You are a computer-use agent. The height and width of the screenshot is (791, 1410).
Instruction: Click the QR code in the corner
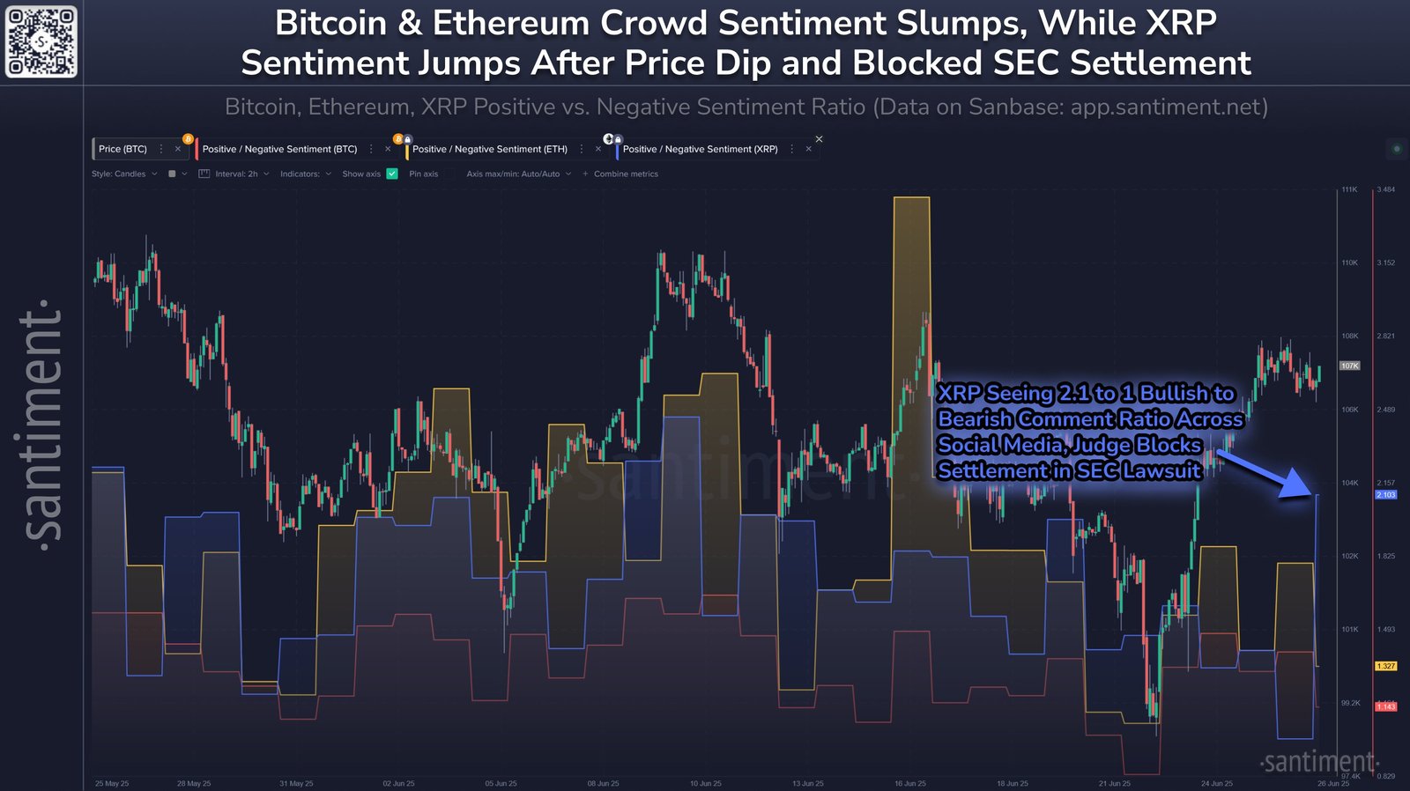(x=41, y=41)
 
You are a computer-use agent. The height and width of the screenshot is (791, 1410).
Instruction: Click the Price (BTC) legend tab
(x=122, y=149)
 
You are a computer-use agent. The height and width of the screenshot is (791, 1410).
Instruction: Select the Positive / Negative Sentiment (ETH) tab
(x=489, y=149)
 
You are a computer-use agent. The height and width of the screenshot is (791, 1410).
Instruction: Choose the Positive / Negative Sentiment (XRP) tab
(x=700, y=149)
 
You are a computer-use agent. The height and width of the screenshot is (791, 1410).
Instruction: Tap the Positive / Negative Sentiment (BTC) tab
(x=279, y=149)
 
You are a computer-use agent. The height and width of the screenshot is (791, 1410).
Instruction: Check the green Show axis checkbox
(x=392, y=174)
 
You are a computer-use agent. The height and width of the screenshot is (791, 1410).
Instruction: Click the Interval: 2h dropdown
(x=235, y=174)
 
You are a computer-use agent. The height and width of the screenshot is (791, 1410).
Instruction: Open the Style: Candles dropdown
(x=123, y=174)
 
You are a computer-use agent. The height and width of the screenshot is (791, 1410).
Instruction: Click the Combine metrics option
(x=625, y=174)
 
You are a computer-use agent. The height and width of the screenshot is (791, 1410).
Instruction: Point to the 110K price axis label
(x=1349, y=262)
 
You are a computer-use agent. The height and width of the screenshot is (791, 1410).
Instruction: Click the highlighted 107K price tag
(x=1349, y=366)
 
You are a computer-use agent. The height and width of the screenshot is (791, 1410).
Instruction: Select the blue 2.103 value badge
(x=1385, y=495)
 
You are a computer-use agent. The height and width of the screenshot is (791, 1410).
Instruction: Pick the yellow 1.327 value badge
(x=1385, y=666)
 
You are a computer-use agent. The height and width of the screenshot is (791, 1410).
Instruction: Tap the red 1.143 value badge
(x=1385, y=706)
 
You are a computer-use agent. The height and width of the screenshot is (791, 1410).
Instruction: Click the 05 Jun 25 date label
(x=501, y=783)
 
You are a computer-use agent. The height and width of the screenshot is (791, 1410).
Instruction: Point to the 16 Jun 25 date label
(x=910, y=783)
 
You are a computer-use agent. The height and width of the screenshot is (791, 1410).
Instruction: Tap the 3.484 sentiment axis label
(x=1385, y=189)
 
